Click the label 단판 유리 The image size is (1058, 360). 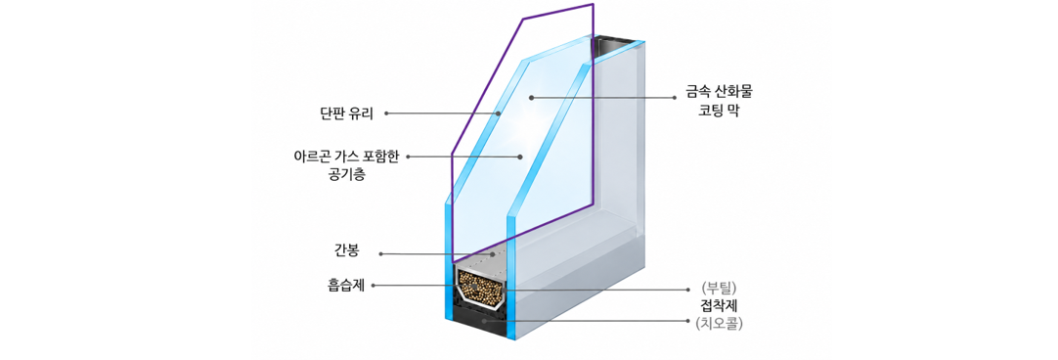pos(347,113)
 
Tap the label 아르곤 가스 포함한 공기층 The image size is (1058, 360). pos(347,165)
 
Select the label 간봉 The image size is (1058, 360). pos(348,253)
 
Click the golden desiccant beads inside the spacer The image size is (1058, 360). pos(479,287)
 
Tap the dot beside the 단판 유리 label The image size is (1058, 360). pos(386,113)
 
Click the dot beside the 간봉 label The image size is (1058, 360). pos(380,254)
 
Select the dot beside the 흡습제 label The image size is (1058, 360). pos(374,286)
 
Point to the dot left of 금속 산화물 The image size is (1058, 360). pos(674,97)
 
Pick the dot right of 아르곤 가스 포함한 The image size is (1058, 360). pos(409,157)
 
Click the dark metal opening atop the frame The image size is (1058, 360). pos(613,46)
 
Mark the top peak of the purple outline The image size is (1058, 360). pos(593,5)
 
